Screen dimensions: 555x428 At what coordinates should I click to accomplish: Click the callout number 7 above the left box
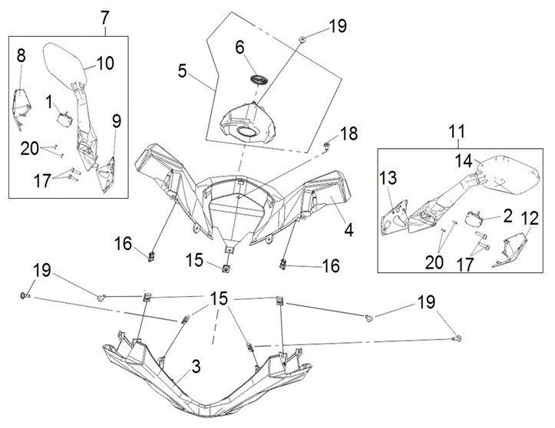[x=105, y=18]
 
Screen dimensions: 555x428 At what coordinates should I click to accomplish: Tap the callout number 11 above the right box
[x=457, y=131]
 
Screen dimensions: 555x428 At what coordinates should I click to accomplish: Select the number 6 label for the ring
[x=240, y=48]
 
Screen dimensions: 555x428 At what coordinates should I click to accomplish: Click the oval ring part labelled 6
[x=259, y=81]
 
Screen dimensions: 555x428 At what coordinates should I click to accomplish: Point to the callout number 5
[x=182, y=71]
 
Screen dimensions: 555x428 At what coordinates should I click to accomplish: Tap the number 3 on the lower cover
[x=196, y=367]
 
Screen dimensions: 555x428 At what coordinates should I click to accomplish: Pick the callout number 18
[x=349, y=133]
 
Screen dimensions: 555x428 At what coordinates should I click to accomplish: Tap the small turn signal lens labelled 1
[x=64, y=118]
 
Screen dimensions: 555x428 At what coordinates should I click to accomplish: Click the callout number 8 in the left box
[x=21, y=55]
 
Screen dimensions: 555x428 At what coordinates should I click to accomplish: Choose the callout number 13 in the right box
[x=388, y=178]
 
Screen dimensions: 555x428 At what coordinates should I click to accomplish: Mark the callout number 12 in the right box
[x=529, y=218]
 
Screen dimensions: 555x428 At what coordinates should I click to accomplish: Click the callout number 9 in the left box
[x=117, y=121]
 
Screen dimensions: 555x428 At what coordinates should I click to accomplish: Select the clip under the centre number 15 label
[x=225, y=268]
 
